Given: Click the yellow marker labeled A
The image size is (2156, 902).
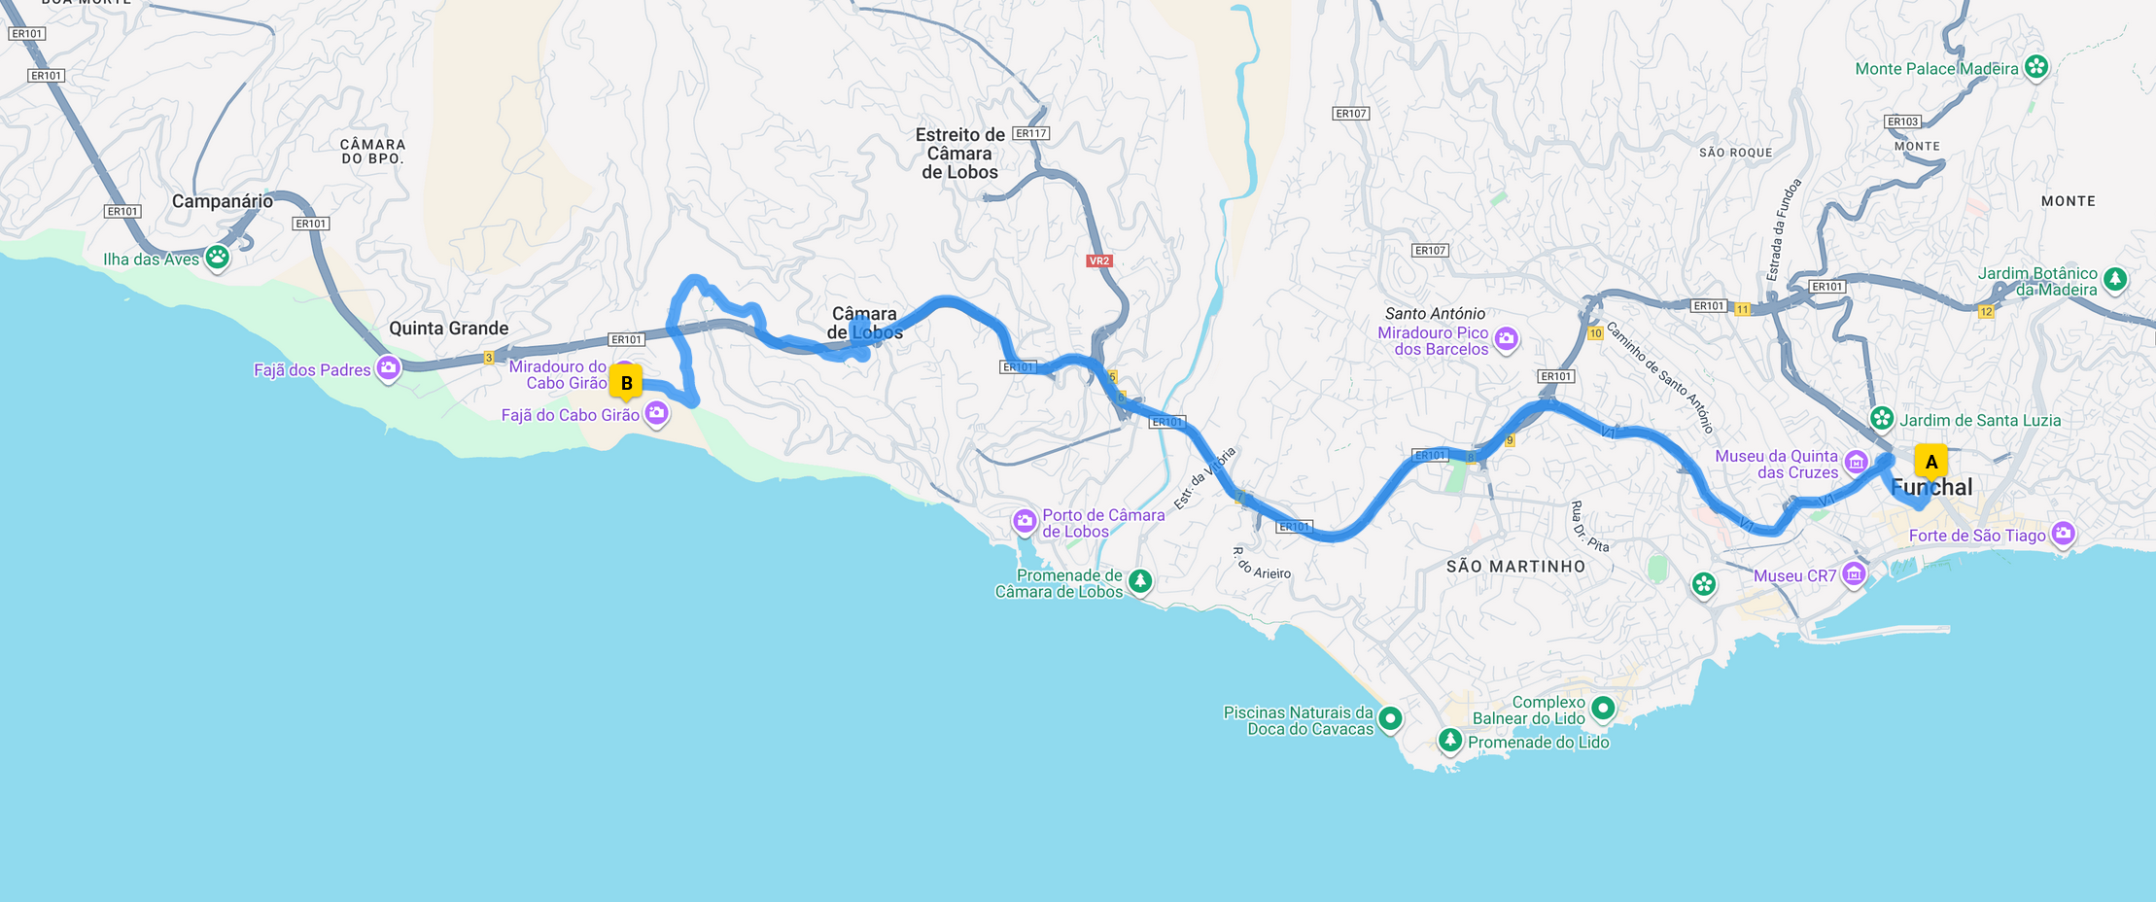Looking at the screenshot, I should (1930, 463).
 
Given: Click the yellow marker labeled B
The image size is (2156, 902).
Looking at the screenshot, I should (626, 383).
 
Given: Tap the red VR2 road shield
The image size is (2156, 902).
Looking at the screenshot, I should (1098, 260).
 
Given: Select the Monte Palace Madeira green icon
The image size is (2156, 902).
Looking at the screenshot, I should (2035, 67).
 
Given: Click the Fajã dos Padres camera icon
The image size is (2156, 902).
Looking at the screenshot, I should (388, 368).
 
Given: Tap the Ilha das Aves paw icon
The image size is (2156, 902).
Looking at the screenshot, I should (217, 258).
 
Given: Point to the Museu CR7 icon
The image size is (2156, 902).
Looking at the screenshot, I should (1853, 574).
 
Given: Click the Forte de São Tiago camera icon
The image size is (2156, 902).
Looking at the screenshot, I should (2063, 534).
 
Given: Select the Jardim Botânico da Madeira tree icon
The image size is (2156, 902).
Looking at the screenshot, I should (2115, 280).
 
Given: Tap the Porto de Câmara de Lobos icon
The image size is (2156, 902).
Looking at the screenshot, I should (1025, 522).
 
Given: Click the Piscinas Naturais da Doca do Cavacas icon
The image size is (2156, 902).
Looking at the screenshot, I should (1390, 719).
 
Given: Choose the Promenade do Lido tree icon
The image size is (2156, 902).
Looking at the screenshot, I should (1449, 741).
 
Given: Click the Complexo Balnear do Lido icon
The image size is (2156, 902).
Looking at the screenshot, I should (1603, 708).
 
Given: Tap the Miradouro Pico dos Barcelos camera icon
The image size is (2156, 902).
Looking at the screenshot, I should (1506, 339).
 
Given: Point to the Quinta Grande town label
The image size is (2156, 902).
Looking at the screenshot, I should (448, 329).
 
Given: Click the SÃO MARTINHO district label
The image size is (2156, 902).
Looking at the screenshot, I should (1515, 567).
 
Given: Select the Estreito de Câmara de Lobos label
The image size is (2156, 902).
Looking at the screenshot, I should (959, 154).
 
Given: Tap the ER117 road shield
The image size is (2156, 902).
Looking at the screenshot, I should (1030, 133).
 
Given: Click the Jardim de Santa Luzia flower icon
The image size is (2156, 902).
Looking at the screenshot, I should (1882, 419).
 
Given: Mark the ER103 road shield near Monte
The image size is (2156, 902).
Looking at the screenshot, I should (1902, 121).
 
